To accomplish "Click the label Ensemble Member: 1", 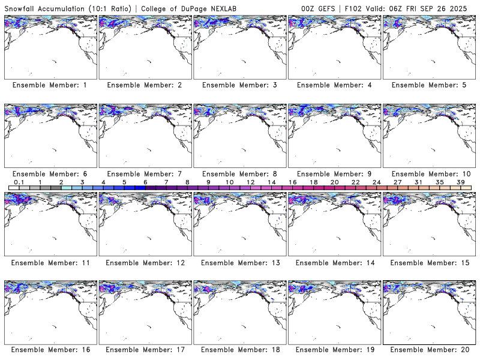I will [x=50, y=85].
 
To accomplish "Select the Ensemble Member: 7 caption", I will [x=145, y=173].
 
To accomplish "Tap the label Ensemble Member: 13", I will [x=239, y=262].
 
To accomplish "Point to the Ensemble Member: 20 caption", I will [x=428, y=350].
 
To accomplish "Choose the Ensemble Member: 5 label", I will [x=428, y=85].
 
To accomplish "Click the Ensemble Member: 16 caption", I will [x=50, y=350].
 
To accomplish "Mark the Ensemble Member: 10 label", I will [x=428, y=173].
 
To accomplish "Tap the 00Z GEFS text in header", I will [x=317, y=8].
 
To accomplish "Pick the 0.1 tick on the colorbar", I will [x=19, y=182].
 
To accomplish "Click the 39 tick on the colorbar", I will [x=461, y=182].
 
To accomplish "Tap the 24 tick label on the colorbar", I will [x=377, y=182].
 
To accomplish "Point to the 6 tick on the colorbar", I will [x=145, y=182].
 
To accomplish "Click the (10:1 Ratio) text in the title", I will [x=111, y=8].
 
